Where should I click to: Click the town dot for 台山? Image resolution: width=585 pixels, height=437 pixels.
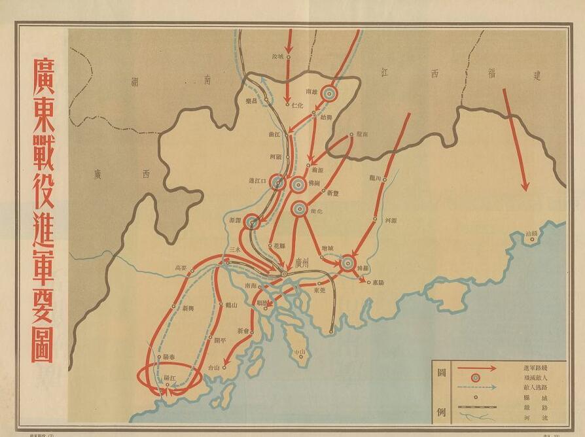tap(224, 368)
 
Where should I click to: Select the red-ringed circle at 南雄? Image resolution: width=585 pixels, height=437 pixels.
tap(329, 94)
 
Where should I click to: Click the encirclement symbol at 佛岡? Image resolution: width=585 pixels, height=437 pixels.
tap(298, 184)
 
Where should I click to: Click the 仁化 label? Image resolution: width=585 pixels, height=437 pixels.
tap(298, 105)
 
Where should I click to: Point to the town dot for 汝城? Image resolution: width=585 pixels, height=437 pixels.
tap(288, 57)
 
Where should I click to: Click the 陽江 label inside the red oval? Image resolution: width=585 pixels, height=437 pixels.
tap(169, 378)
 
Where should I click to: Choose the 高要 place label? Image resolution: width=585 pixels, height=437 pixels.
tap(181, 267)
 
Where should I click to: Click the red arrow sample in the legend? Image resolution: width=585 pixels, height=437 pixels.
tap(477, 368)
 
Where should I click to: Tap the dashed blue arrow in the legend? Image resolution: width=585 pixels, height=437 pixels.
tap(477, 387)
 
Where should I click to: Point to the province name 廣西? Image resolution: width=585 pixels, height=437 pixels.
tap(123, 174)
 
